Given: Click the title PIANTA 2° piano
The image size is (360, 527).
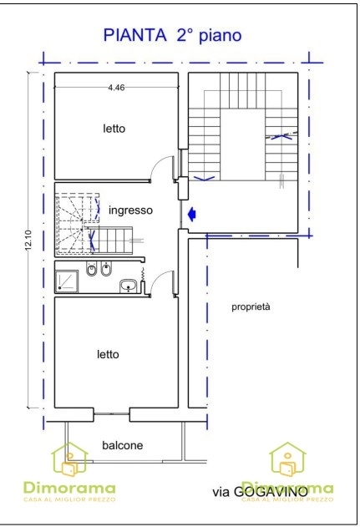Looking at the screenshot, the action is pos(172,35).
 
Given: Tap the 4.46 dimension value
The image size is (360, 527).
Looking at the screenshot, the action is pos(116,88).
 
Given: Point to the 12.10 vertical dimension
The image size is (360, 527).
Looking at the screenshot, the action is pos(28,240).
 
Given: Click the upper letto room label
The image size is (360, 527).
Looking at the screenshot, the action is pos(114,129).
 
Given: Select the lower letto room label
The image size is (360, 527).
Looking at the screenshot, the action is pos(108,354).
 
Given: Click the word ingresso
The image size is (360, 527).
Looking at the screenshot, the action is pos(130,210).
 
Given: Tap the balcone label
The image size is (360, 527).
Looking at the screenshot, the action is pos(122,445).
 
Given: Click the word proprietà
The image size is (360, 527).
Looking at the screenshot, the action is pos(251,307).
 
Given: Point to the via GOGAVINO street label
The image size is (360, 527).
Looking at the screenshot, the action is pos(260,492).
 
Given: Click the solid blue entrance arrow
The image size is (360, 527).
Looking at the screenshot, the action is pos(192,214).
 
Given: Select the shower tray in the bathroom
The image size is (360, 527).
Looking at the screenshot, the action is pos(66,281).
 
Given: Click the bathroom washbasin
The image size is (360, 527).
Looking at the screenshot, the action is pos(128,286).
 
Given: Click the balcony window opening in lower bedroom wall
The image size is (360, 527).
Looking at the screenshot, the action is pos(112,414).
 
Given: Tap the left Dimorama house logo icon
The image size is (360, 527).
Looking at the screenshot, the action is pos(69,459).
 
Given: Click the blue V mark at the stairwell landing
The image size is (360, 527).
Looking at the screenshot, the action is pos(205,178).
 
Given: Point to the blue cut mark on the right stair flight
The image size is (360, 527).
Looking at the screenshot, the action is pos(281,136).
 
